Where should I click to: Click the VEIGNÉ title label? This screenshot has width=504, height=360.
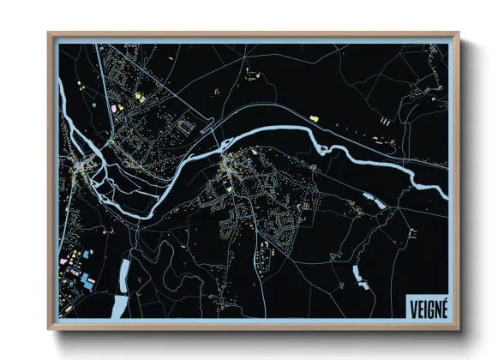tap(426, 306)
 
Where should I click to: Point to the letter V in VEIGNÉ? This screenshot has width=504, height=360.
tap(411, 306)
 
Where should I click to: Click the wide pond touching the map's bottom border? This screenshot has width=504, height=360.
tap(119, 307)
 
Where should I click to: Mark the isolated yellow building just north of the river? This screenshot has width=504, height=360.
tap(314, 117)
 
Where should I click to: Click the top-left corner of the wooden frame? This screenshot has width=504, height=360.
tap(49, 34)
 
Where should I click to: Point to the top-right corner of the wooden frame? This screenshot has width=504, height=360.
tap(459, 34)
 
